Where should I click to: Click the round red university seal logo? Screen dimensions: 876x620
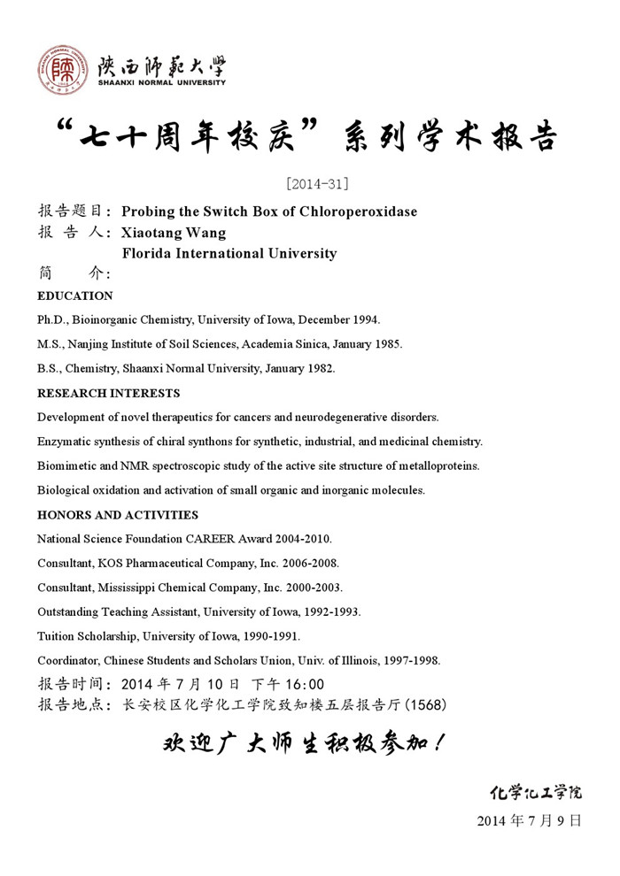point(59,69)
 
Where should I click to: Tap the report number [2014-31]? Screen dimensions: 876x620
point(317,184)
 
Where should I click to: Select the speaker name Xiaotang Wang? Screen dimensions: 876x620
point(174,233)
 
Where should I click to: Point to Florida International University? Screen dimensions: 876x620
point(229,254)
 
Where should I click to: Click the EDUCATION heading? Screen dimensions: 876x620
point(75,296)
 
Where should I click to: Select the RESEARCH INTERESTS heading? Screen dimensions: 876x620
point(109,393)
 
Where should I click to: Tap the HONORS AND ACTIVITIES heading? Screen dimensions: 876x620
point(118,515)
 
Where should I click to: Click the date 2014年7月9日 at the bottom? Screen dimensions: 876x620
point(529,820)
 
